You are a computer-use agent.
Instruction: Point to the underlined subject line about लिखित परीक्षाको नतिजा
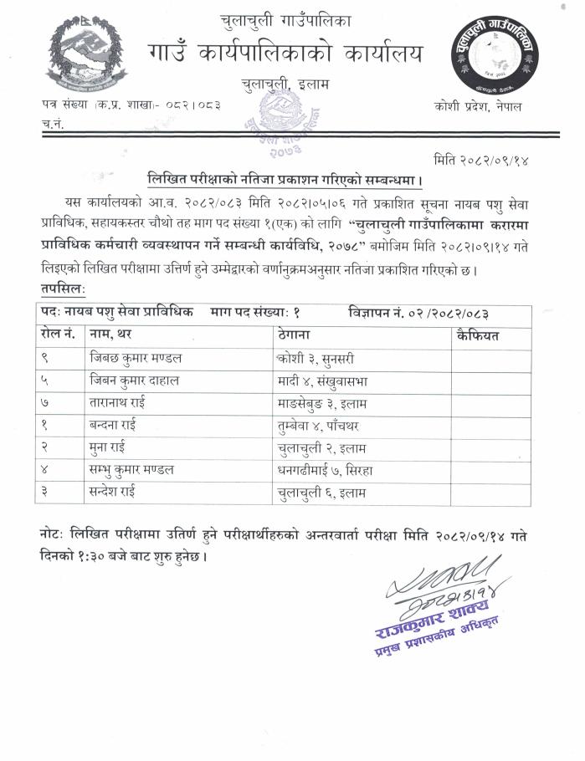point(285,179)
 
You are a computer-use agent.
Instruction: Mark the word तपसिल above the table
point(62,289)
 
